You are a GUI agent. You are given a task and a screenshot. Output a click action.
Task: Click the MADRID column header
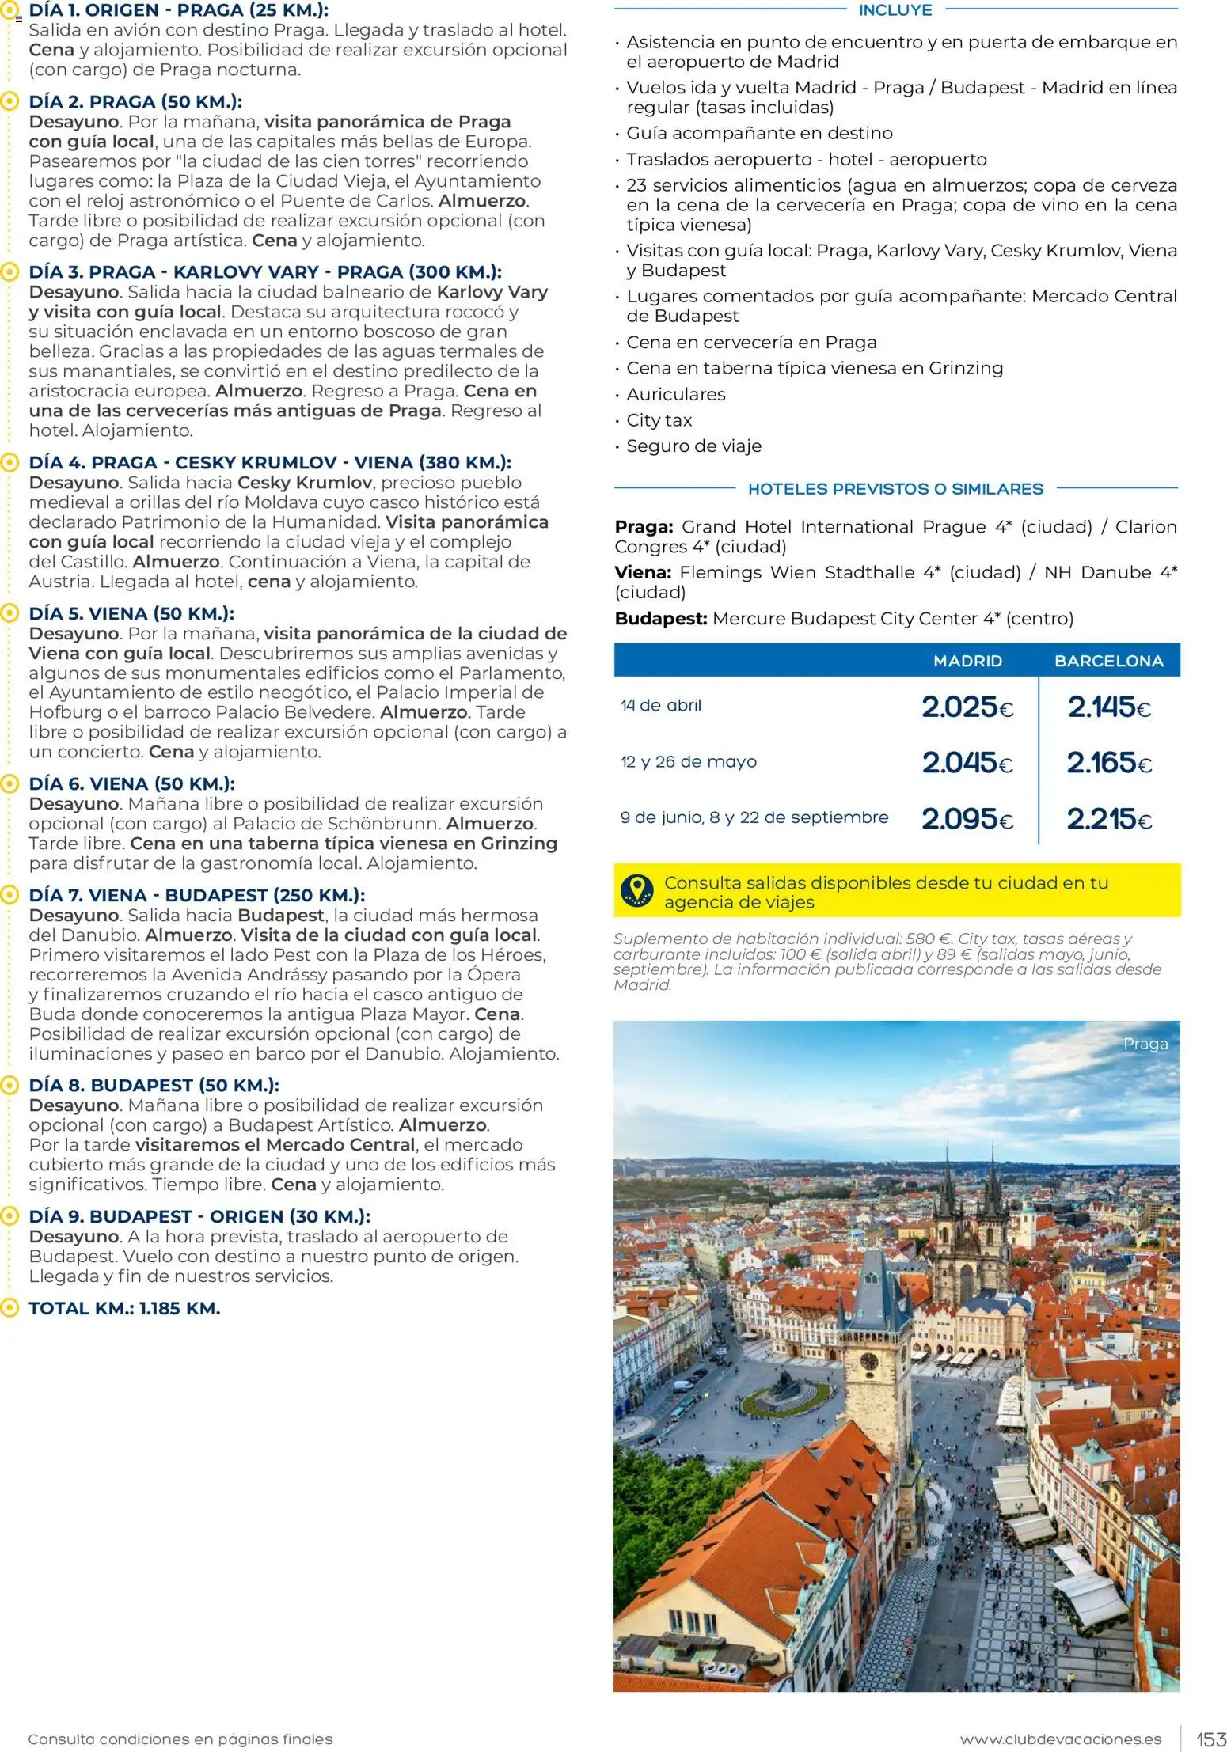coord(967,661)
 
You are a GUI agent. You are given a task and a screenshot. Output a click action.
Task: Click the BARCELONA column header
coord(1108,661)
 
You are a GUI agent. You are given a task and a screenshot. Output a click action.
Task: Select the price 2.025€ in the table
coord(967,707)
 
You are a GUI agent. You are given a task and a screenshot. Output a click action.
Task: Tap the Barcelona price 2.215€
coord(1108,818)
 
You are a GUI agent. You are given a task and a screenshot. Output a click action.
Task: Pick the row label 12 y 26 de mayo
coord(688,762)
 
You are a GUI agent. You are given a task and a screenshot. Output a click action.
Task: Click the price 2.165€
coord(1108,763)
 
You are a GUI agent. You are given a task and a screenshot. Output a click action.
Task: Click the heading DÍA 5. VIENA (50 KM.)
coord(131,613)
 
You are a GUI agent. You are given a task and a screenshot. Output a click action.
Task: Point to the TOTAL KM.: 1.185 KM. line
coord(124,1308)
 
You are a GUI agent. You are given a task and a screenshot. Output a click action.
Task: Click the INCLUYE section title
coord(895,10)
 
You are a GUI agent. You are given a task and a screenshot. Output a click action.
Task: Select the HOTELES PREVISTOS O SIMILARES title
coord(895,489)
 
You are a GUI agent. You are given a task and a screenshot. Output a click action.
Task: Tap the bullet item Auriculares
coord(675,394)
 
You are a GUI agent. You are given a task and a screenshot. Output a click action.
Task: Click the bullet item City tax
coord(659,420)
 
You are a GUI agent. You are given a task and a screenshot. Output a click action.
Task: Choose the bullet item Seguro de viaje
coord(693,446)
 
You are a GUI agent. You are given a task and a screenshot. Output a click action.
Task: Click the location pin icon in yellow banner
coord(637,891)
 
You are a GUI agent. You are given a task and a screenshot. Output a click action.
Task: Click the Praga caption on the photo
coord(1145,1044)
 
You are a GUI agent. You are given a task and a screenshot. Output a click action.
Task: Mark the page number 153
coord(1210,1739)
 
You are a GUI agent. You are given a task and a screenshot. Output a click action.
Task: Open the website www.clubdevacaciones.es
coord(1060,1739)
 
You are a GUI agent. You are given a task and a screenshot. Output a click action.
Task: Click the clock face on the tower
coord(868,1362)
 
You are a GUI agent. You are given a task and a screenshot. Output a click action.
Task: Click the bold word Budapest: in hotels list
coord(660,619)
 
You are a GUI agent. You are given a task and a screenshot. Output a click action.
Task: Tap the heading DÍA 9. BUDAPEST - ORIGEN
coord(199,1216)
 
